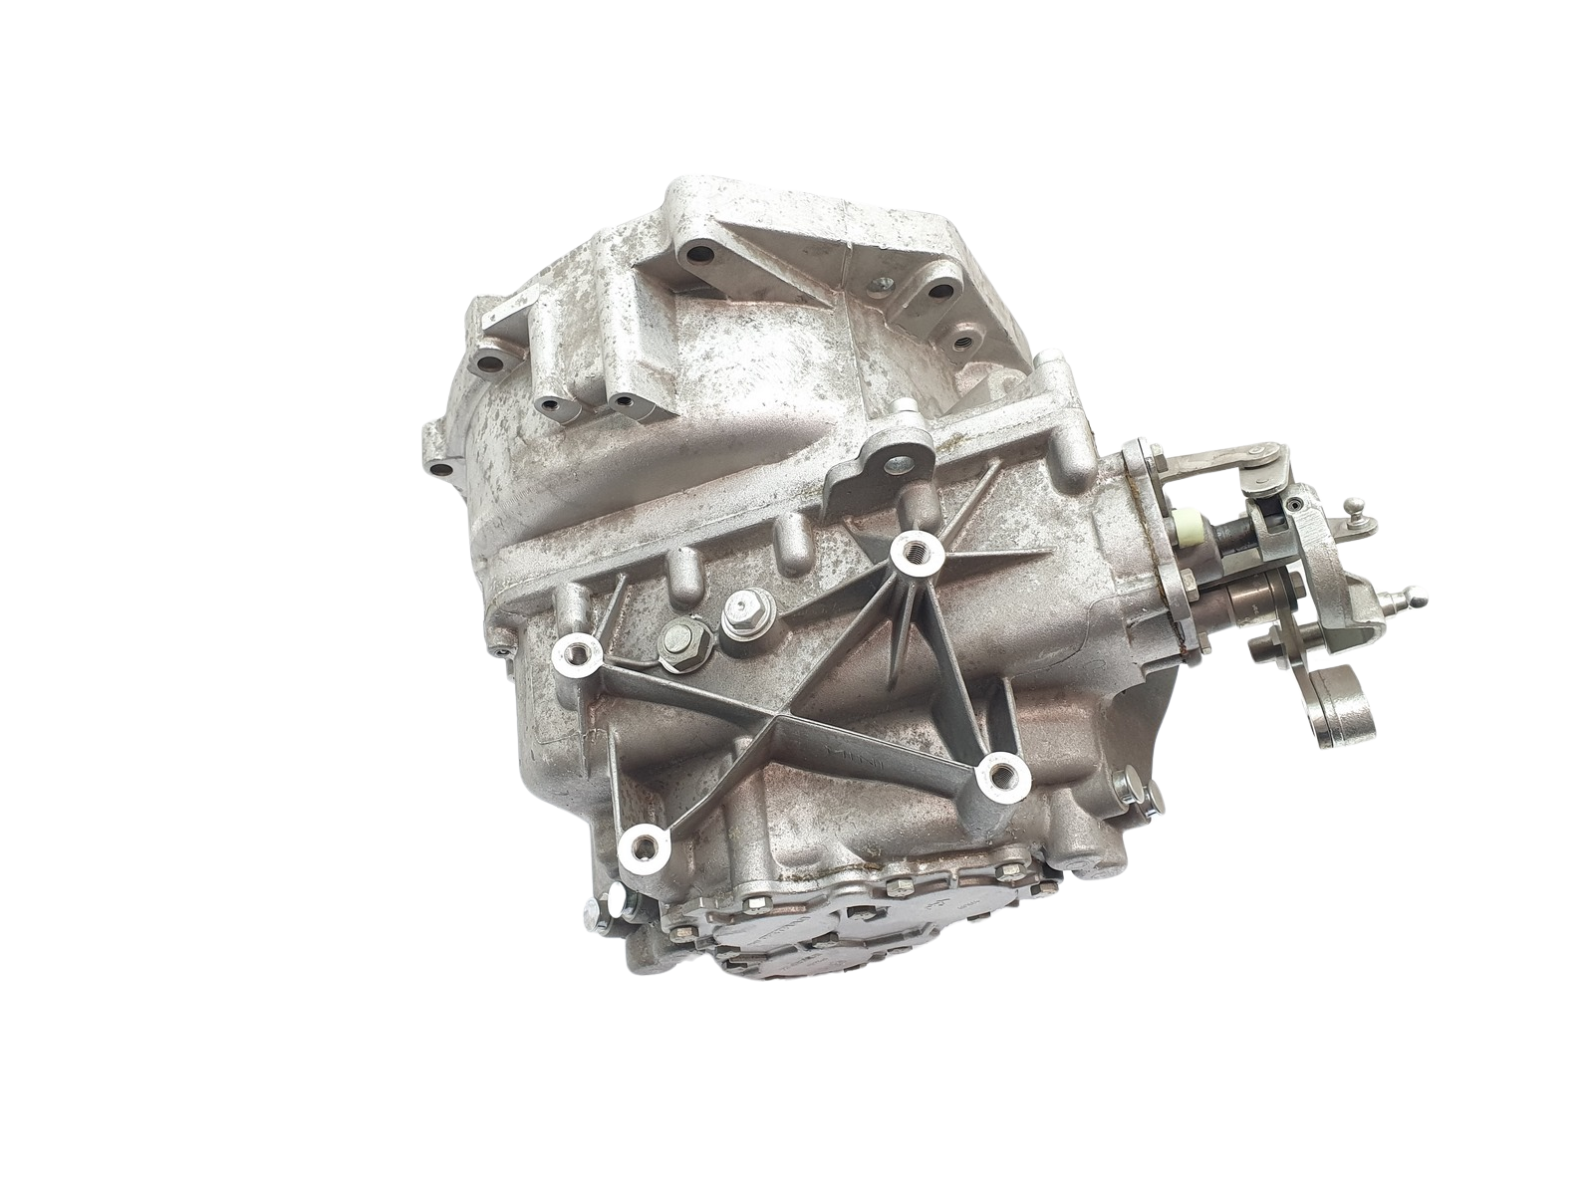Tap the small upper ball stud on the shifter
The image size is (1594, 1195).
click(x=1352, y=511)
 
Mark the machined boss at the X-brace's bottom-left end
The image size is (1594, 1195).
click(x=641, y=849)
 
